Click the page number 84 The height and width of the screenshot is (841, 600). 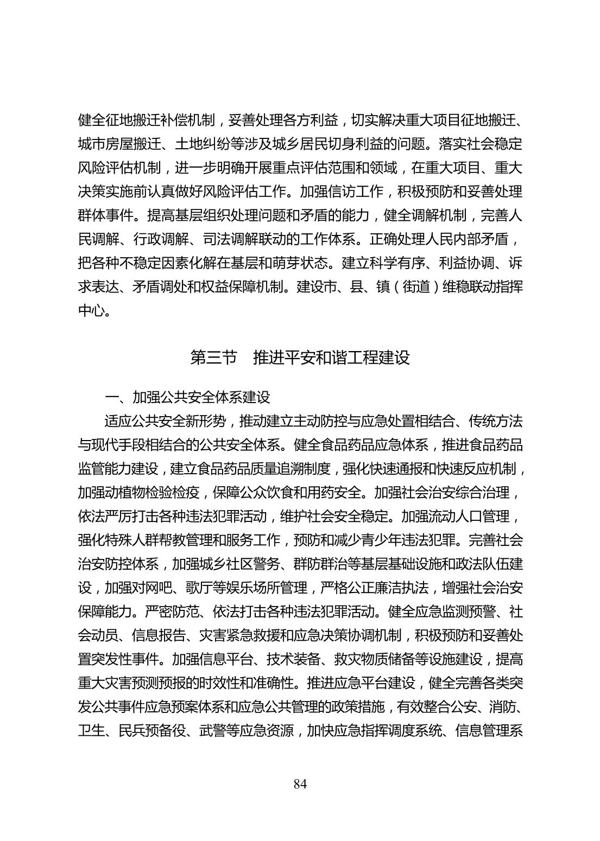tap(300, 784)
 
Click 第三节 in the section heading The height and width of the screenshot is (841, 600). tap(214, 358)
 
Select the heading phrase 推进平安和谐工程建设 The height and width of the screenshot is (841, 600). tap(331, 358)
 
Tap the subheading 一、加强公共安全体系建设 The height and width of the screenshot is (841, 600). tap(188, 397)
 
